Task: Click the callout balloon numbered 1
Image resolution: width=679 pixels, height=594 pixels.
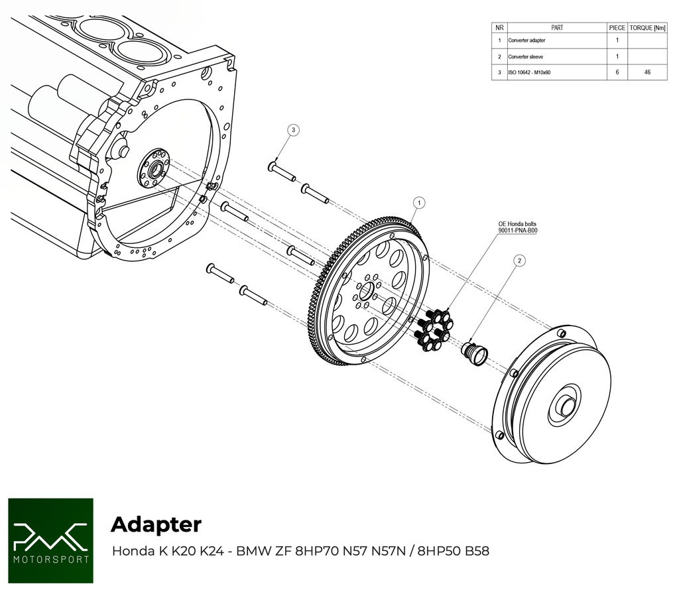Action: [x=419, y=202]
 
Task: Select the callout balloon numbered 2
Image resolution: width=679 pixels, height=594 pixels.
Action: [x=519, y=261]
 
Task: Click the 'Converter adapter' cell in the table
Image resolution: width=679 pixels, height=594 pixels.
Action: [x=527, y=40]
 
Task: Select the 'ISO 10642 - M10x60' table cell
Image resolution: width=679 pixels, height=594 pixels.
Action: [x=531, y=72]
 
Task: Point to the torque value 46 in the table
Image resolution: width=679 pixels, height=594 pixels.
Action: [x=647, y=72]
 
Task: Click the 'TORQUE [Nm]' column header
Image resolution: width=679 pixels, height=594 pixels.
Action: [x=647, y=28]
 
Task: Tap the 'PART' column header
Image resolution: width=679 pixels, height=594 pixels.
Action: [x=557, y=28]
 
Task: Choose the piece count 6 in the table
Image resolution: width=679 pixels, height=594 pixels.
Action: [x=617, y=72]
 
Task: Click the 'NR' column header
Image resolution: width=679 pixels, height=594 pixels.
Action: [x=499, y=28]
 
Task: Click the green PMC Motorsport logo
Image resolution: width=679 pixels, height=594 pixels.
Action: [x=50, y=540]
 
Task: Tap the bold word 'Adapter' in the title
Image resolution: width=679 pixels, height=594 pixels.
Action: [x=156, y=524]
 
